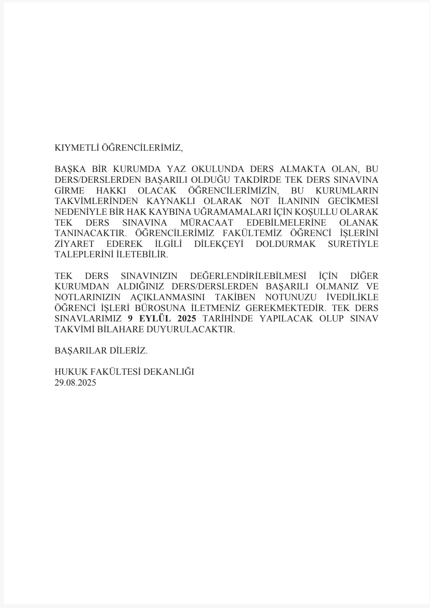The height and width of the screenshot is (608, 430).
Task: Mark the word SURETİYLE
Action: tap(353, 244)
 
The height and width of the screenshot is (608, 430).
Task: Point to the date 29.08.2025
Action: tap(75, 383)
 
